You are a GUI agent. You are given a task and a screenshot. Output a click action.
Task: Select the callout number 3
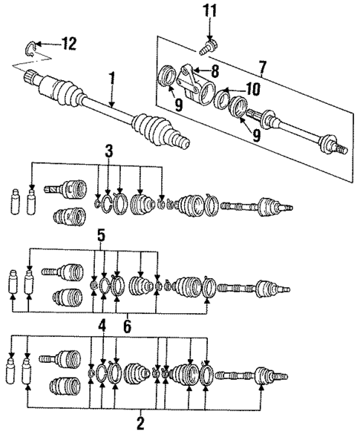pos(109,153)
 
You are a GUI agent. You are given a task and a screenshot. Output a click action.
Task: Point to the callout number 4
pos(102,323)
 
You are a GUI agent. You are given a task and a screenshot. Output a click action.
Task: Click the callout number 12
pos(68,45)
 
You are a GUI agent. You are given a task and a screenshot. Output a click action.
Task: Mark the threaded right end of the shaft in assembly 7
pos(339,148)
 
